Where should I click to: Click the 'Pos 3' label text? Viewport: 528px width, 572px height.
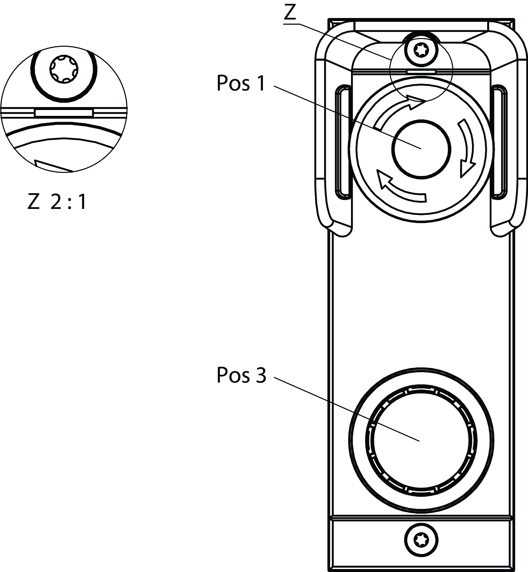tap(241, 375)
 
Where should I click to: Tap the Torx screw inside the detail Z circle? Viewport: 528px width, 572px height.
tap(64, 69)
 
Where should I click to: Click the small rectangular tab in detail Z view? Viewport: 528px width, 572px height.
tap(64, 113)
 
